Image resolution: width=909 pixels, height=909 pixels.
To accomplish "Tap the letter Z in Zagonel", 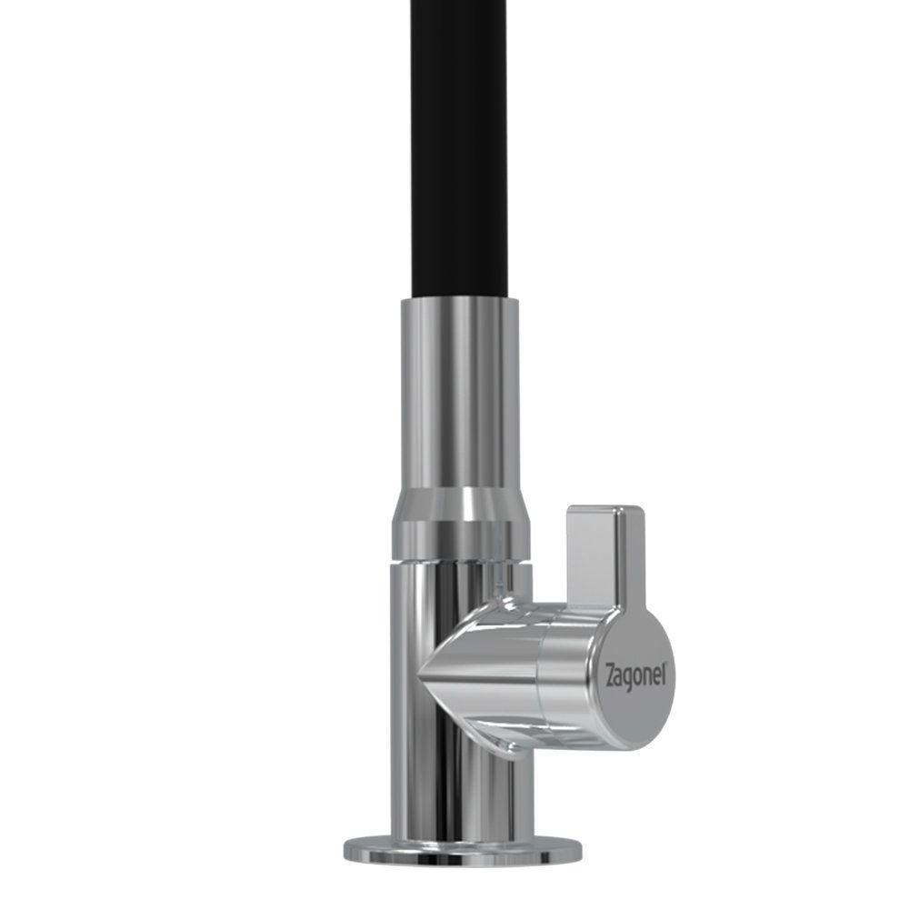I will coord(611,677).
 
